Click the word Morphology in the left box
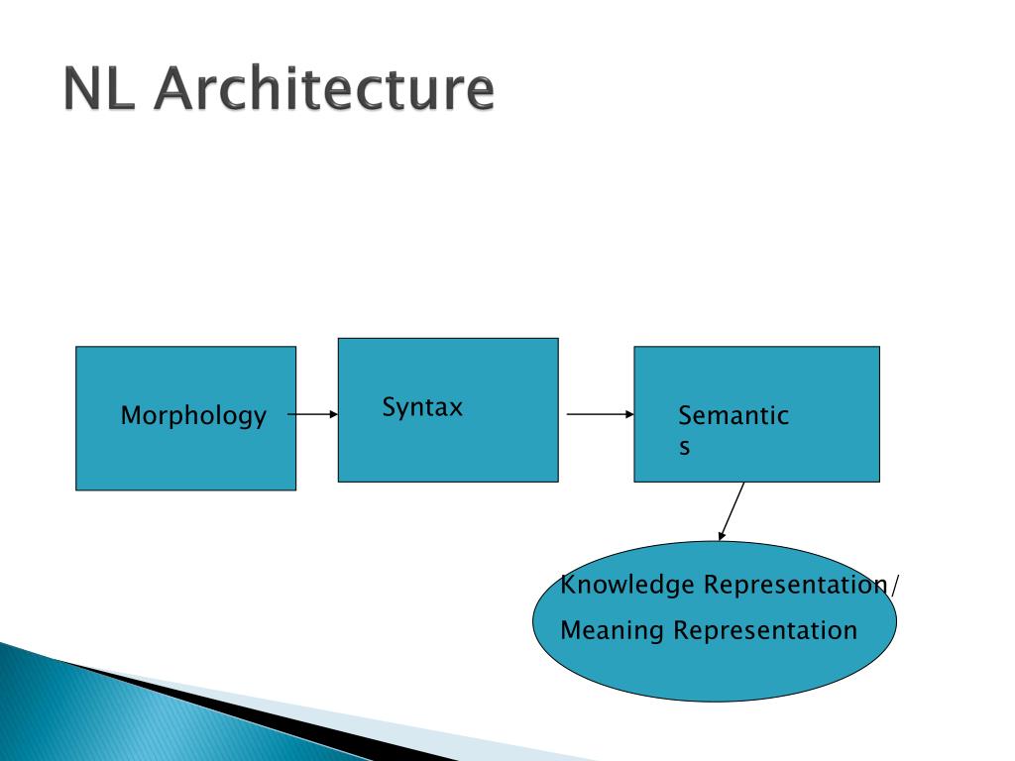coord(193,416)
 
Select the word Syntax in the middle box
coord(422,407)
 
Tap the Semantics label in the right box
coord(733,417)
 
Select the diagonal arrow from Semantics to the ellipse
coord(733,510)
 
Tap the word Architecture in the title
coord(323,90)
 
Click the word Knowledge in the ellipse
coord(628,585)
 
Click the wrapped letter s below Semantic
coord(684,448)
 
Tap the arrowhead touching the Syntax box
coord(333,415)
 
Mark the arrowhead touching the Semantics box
coord(628,415)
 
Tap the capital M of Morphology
coord(129,416)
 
